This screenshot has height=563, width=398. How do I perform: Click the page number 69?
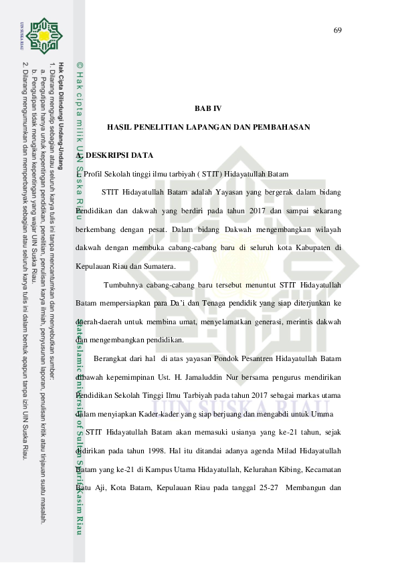337,30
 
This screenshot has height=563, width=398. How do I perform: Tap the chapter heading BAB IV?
208,108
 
